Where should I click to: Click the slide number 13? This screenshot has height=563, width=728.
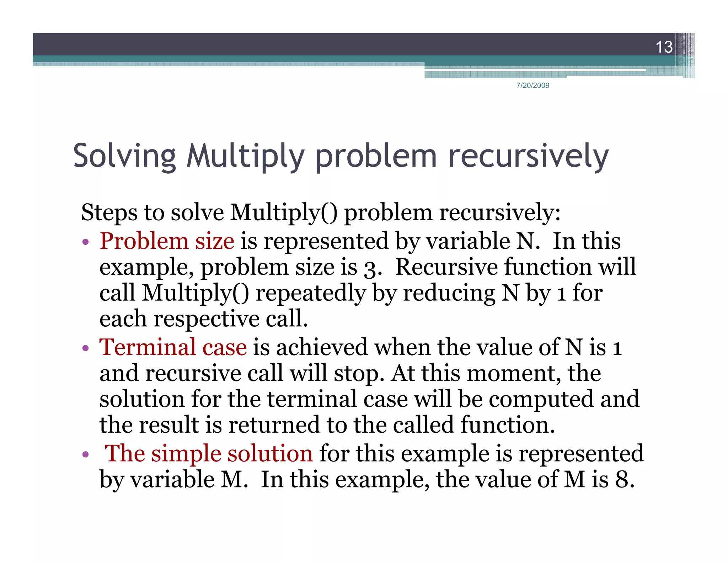[664, 47]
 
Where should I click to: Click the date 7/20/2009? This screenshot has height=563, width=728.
[532, 85]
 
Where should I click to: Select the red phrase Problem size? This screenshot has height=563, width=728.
[167, 241]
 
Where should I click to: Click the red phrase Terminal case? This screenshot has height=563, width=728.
[173, 347]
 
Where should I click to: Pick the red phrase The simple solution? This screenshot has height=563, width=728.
[209, 453]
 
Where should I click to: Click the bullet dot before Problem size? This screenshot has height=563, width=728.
[85, 242]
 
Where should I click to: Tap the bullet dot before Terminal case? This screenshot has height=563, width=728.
[85, 348]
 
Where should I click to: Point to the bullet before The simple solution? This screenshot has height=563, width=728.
[85, 454]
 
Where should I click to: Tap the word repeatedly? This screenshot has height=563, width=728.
[310, 294]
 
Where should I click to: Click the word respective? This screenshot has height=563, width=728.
[206, 319]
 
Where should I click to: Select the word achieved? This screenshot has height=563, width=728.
[322, 347]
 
